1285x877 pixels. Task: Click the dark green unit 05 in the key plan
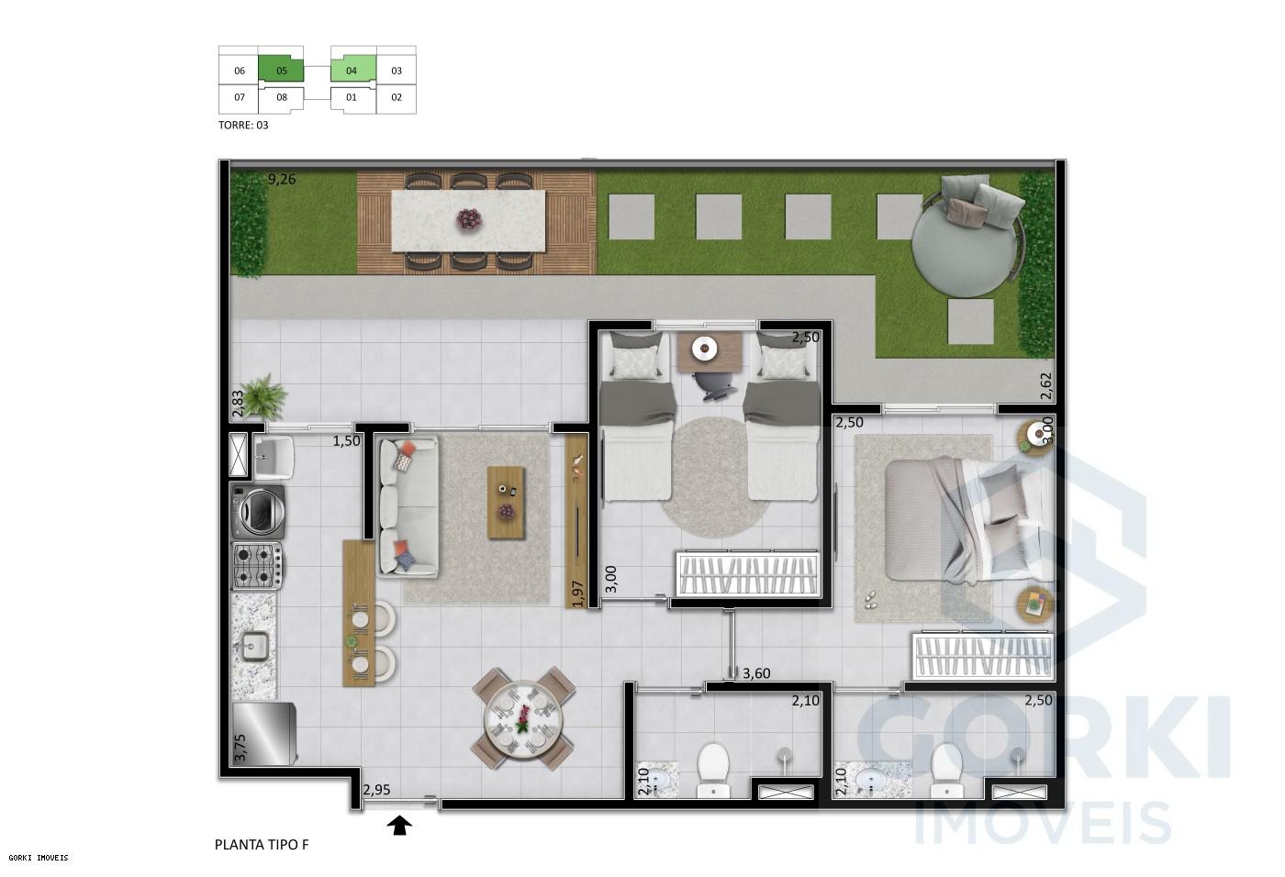pyautogui.click(x=282, y=70)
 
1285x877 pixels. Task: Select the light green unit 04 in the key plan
pyautogui.click(x=352, y=70)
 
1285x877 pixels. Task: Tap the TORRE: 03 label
pyautogui.click(x=243, y=125)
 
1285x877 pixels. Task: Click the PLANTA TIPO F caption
pyautogui.click(x=262, y=844)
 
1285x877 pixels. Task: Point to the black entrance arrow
pyautogui.click(x=399, y=827)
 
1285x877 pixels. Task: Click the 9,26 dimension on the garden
pyautogui.click(x=282, y=180)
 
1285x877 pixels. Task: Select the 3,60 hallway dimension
pyautogui.click(x=755, y=673)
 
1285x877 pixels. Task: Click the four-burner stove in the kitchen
pyautogui.click(x=257, y=565)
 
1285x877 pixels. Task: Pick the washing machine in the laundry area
pyautogui.click(x=259, y=512)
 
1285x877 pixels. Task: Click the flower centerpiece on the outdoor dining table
pyautogui.click(x=469, y=219)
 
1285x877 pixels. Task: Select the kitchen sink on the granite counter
pyautogui.click(x=253, y=647)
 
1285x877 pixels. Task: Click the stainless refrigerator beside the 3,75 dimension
pyautogui.click(x=264, y=733)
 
